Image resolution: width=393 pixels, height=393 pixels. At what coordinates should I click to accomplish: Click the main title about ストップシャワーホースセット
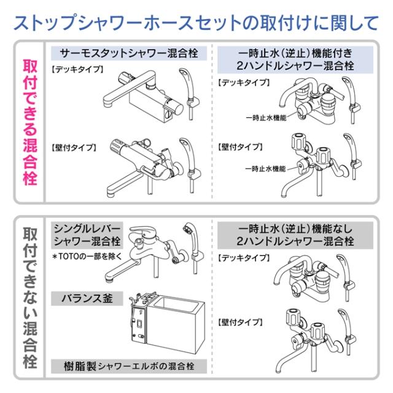coord(196,23)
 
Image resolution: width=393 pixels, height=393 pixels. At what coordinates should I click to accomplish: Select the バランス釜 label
coord(91,298)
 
